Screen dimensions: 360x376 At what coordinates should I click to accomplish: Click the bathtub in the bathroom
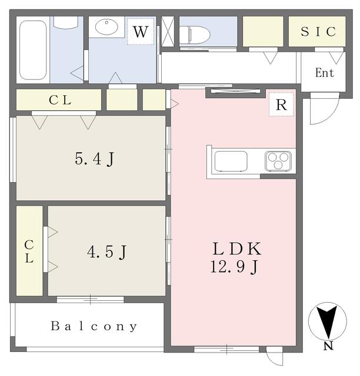point(33,50)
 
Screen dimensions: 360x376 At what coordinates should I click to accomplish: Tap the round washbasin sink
point(106,26)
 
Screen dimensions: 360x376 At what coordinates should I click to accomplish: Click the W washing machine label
point(140,31)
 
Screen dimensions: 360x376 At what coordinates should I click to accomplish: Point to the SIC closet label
point(318,31)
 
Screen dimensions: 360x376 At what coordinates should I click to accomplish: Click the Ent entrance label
point(325,73)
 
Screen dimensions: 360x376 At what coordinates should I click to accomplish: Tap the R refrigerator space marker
point(281,105)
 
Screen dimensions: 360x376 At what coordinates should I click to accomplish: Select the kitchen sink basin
point(231,161)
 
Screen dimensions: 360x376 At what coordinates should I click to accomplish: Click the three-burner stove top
point(278,160)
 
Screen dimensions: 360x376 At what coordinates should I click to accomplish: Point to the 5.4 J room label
point(94,159)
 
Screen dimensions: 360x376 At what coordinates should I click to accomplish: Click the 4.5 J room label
point(106,252)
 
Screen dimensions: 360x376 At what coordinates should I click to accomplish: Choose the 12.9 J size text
point(234,267)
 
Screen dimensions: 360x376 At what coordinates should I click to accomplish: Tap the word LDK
point(237,249)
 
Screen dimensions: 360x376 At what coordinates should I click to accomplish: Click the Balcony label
point(94,327)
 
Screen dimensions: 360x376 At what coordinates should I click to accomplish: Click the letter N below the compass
point(328,346)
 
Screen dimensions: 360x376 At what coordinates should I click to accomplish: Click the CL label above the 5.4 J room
point(60,100)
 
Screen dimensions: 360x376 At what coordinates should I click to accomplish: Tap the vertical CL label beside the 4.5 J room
point(29,251)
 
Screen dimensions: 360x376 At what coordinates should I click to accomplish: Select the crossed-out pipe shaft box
point(168,31)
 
